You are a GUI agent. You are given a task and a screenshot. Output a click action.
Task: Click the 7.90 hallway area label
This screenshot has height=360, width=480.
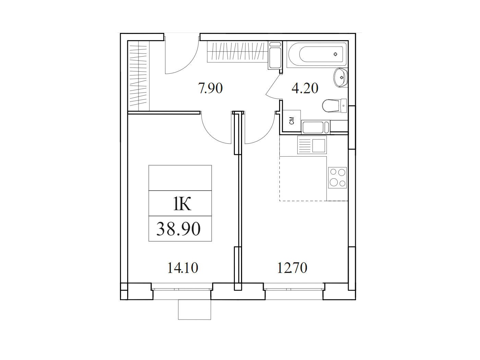tap(211, 88)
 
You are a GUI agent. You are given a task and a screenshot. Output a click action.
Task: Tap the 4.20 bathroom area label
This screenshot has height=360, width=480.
tap(305, 88)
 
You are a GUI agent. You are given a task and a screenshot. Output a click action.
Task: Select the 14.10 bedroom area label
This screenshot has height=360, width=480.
tap(183, 268)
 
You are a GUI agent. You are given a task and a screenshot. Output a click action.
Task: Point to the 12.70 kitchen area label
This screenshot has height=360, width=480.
tap(292, 268)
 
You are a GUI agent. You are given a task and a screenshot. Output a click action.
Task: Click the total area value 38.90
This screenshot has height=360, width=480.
tap(178, 229)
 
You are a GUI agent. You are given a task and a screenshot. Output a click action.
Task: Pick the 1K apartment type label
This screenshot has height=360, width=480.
tap(182, 204)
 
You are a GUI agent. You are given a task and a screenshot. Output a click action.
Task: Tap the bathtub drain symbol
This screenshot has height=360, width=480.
tap(335, 54)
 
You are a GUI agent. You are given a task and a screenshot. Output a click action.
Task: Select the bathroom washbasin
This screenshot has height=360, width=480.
tap(341, 77)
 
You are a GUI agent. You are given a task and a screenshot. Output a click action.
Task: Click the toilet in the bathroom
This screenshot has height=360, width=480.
tap(335, 106)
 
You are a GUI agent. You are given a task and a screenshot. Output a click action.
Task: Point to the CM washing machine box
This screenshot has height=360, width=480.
tap(291, 121)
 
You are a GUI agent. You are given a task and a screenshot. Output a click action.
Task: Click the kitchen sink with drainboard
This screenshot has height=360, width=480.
tap(312, 145)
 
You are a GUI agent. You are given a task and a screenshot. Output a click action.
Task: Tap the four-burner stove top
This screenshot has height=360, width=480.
tap(337, 178)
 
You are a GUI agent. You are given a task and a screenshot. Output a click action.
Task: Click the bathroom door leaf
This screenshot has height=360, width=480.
tap(273, 85)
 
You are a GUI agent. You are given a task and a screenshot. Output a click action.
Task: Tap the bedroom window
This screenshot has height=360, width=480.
tap(182, 287)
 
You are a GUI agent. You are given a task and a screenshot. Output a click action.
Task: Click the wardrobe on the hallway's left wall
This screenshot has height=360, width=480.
tap(139, 76)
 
